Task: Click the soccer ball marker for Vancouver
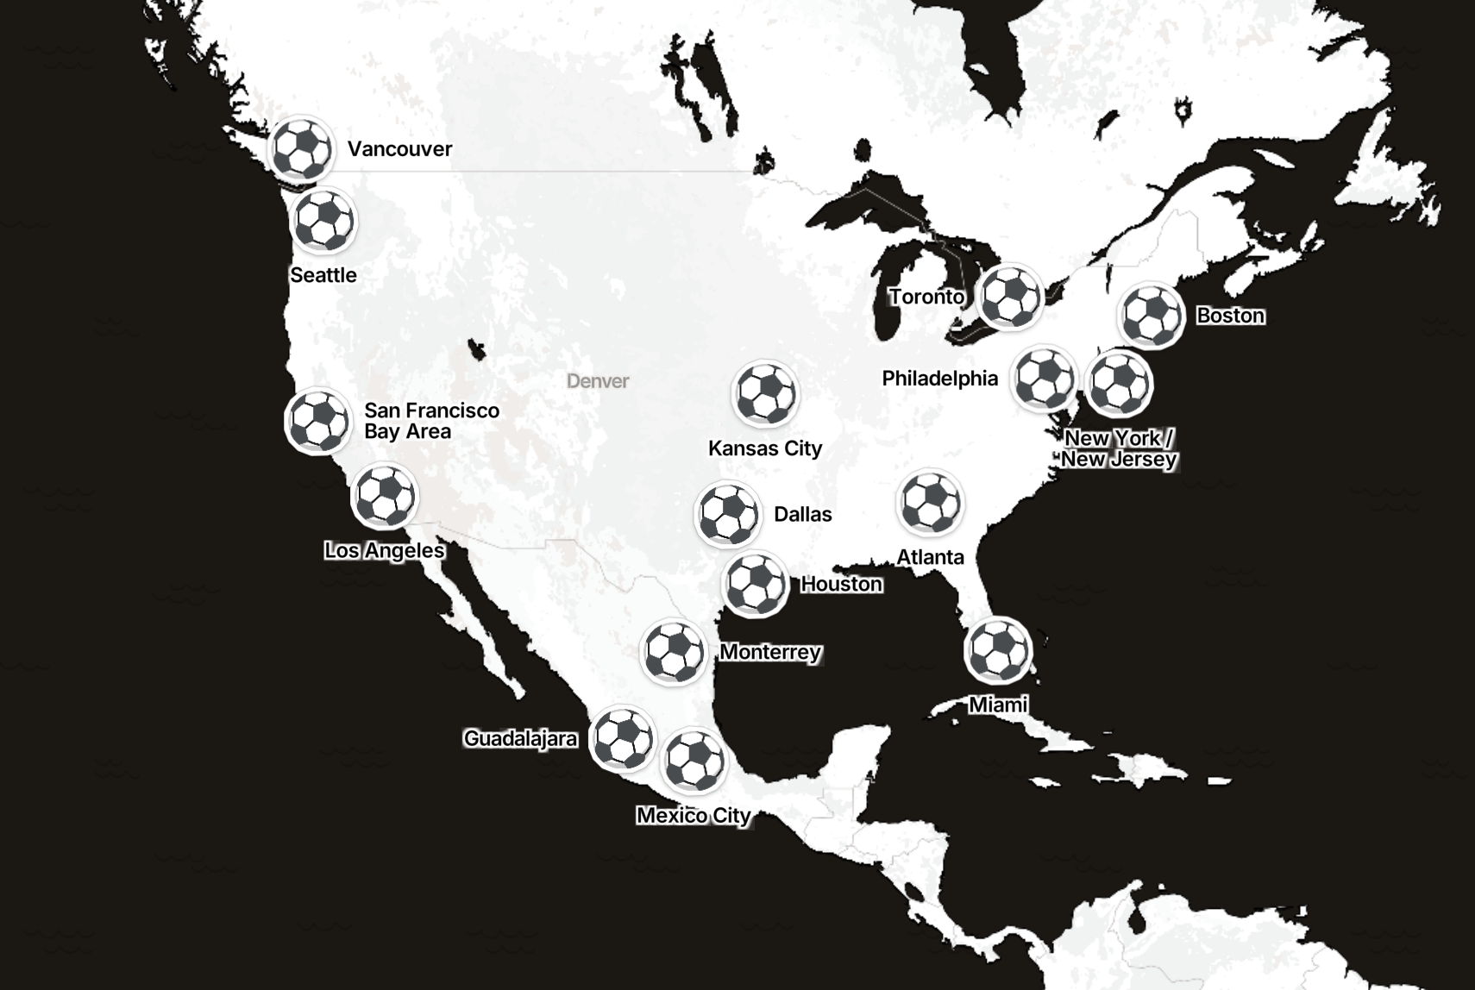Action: [301, 148]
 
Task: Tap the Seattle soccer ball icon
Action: [323, 221]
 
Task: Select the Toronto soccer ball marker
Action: [1011, 298]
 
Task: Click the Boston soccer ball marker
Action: [1152, 316]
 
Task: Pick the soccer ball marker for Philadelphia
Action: [1045, 378]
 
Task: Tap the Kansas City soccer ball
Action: [765, 394]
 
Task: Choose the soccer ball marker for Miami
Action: [998, 650]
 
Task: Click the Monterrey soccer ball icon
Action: [674, 652]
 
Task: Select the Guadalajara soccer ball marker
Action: [623, 738]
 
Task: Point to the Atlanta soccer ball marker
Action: [930, 503]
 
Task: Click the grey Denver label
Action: [598, 381]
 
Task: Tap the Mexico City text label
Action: [694, 815]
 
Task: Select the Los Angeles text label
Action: [385, 550]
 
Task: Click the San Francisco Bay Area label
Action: [431, 421]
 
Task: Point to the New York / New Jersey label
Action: [1119, 448]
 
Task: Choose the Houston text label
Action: [841, 584]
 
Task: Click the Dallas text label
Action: [802, 515]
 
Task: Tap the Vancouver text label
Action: [399, 149]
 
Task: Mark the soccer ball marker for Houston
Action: [756, 585]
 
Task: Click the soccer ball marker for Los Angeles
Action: [385, 496]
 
